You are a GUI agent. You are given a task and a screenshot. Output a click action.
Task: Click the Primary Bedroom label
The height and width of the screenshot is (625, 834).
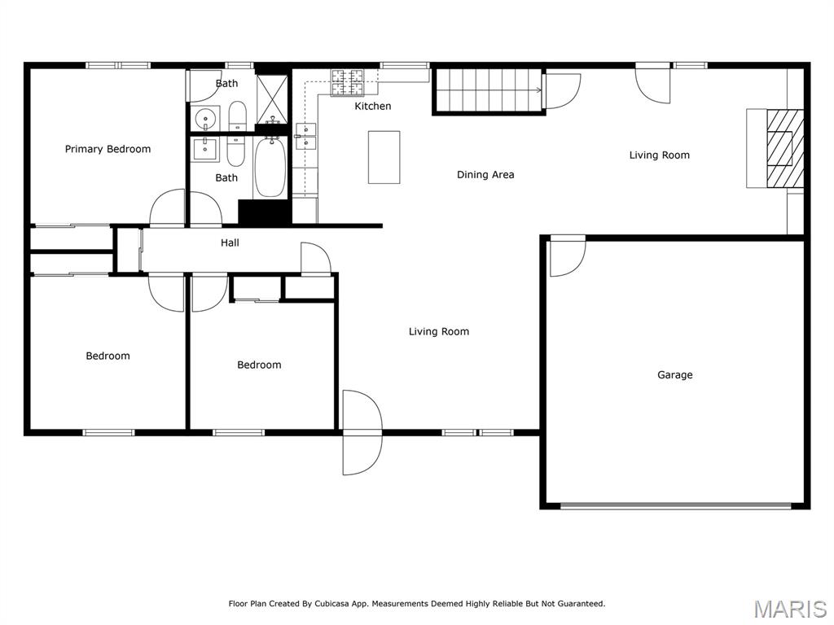click(x=108, y=149)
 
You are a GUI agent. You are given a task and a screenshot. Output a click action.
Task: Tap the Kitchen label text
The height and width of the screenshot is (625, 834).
click(x=372, y=107)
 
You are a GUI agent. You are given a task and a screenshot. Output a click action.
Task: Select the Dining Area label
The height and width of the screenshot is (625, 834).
click(x=485, y=174)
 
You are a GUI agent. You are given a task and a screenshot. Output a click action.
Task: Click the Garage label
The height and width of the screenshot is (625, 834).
click(x=674, y=375)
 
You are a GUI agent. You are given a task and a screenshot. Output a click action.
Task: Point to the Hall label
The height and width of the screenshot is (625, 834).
click(x=230, y=243)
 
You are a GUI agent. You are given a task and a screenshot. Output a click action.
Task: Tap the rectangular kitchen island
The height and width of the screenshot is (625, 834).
click(x=384, y=157)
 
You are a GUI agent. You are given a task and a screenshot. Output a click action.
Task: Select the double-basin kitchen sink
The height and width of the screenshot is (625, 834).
click(x=306, y=136)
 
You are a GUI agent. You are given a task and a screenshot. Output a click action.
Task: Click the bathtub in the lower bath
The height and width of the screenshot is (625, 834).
click(x=270, y=168)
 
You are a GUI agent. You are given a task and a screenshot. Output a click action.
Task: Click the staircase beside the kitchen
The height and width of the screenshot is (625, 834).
click(x=487, y=90)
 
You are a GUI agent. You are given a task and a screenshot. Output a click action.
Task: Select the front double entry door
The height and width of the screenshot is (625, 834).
click(x=362, y=433)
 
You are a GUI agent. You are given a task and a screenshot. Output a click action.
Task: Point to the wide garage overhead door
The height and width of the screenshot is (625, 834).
click(x=675, y=505)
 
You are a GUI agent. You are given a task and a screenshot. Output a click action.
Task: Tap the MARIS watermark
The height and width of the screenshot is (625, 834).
click(x=790, y=609)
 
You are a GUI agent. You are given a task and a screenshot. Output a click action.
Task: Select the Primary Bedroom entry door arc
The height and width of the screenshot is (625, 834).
click(x=168, y=207)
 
